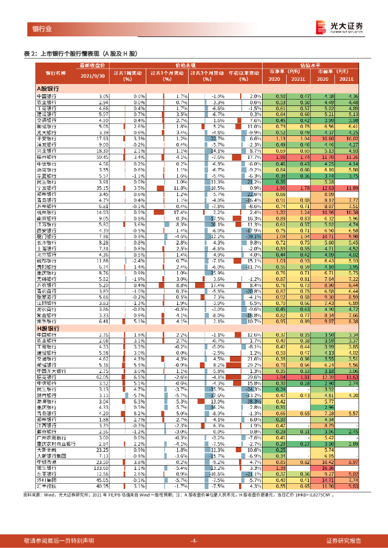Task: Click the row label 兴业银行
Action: [x=47, y=151]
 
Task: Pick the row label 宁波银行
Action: [x=47, y=188]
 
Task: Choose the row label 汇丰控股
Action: [x=47, y=486]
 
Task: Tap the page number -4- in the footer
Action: [x=194, y=540]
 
